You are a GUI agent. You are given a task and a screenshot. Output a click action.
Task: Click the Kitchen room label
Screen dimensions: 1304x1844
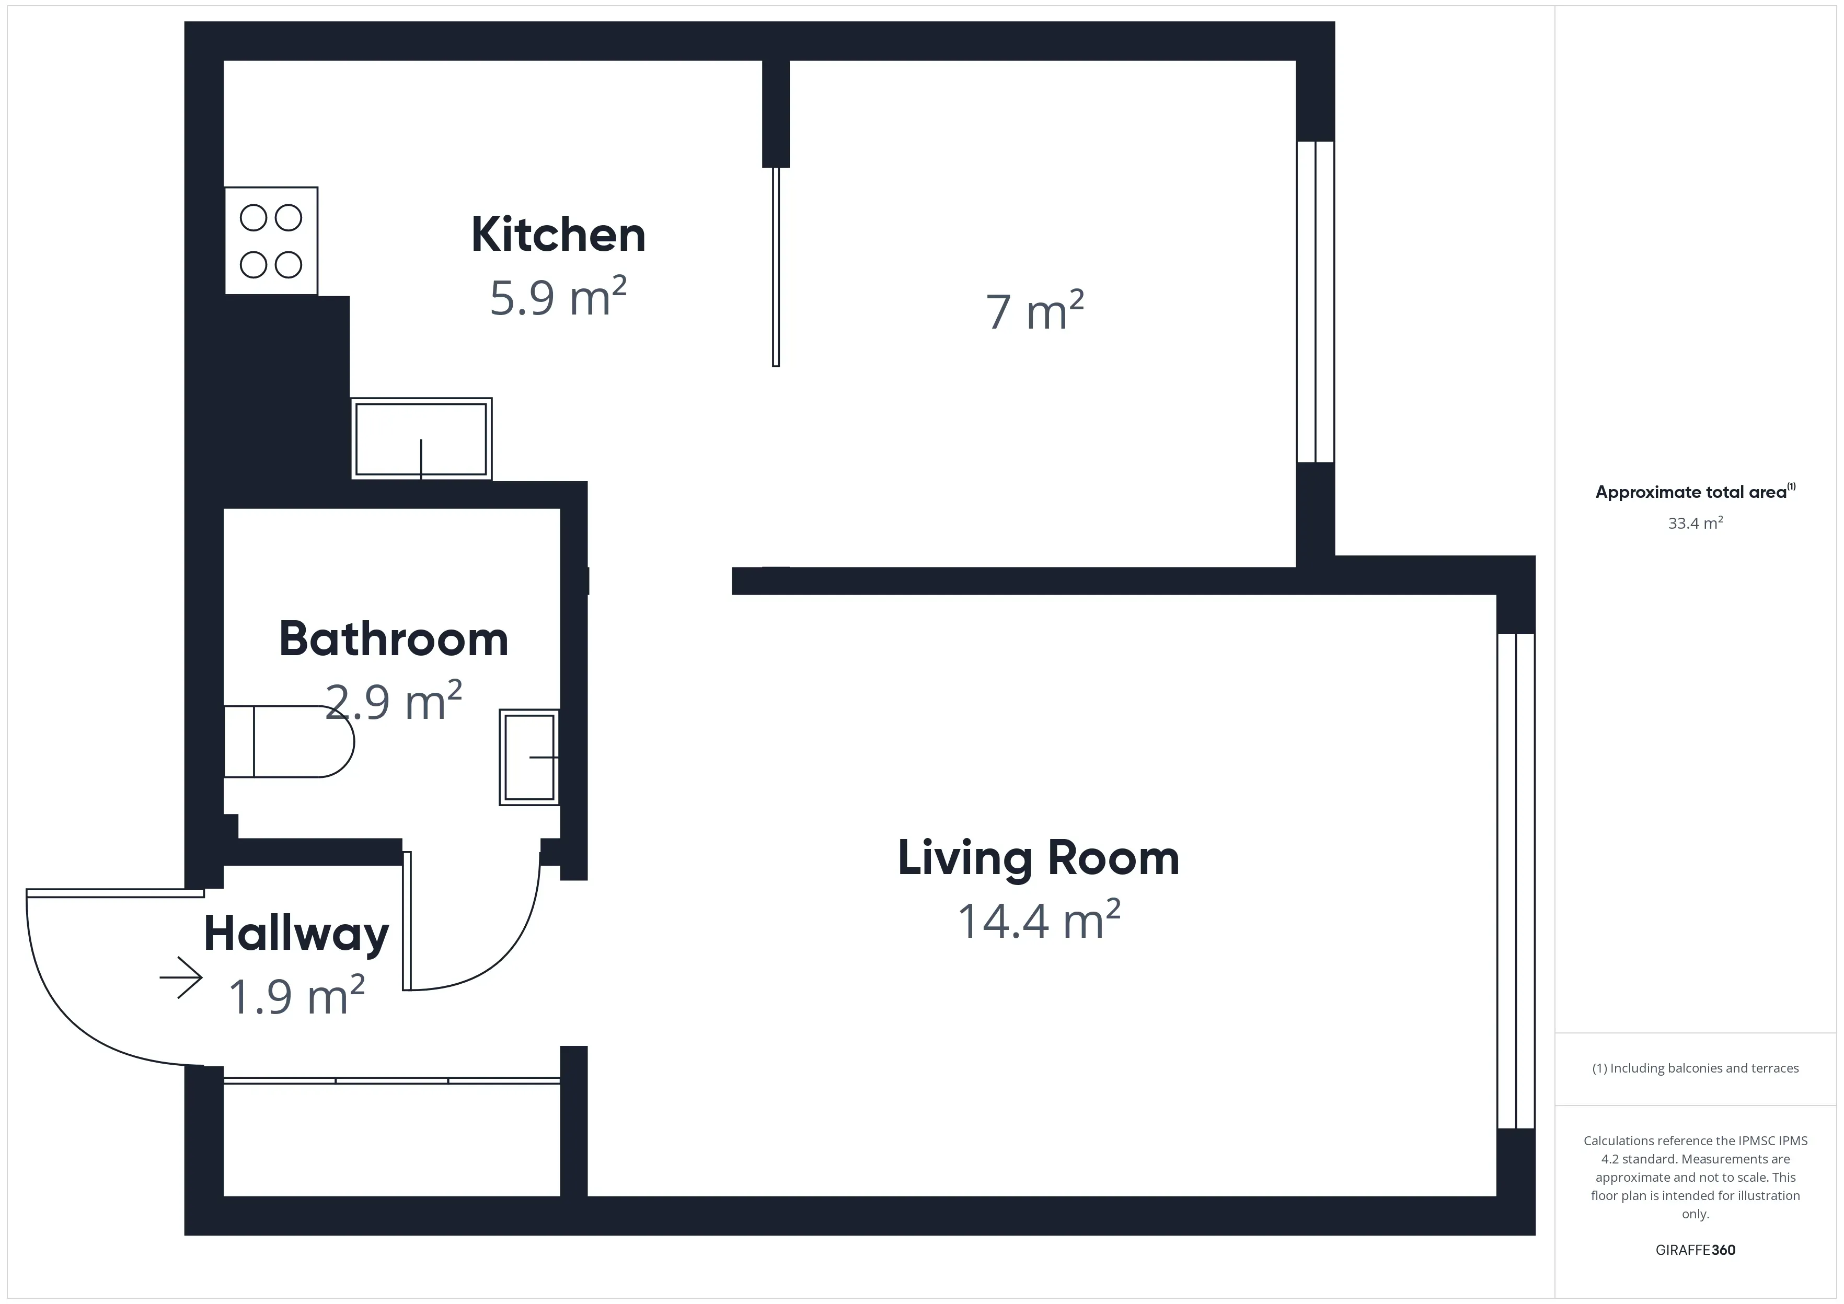pyautogui.click(x=558, y=235)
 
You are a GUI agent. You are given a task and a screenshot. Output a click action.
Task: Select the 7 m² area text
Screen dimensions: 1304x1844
pyautogui.click(x=1034, y=311)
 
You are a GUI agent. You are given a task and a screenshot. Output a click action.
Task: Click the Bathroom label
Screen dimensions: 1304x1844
pyautogui.click(x=394, y=639)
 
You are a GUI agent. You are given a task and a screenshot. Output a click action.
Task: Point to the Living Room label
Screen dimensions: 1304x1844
pyautogui.click(x=1038, y=857)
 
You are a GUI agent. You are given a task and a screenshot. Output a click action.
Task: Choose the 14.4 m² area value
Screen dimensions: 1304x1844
pyautogui.click(x=1038, y=920)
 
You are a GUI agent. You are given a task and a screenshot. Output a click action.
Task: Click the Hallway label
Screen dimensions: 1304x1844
pyautogui.click(x=296, y=934)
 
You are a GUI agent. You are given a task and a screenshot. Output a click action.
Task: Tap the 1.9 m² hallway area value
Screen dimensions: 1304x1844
pyautogui.click(x=296, y=996)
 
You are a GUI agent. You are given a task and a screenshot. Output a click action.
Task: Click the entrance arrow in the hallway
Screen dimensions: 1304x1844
pyautogui.click(x=181, y=977)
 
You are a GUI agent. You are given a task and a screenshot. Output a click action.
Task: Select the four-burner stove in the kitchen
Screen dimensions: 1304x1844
pyautogui.click(x=271, y=241)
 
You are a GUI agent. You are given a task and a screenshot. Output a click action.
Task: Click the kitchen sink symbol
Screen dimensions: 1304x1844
pyautogui.click(x=421, y=439)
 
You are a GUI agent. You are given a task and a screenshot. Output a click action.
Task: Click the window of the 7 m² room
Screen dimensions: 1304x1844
pyautogui.click(x=1316, y=302)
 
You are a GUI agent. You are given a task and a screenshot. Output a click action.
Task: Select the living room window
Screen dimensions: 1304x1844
pyautogui.click(x=1516, y=881)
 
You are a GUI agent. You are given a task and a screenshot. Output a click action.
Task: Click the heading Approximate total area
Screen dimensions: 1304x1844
pyautogui.click(x=1693, y=492)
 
